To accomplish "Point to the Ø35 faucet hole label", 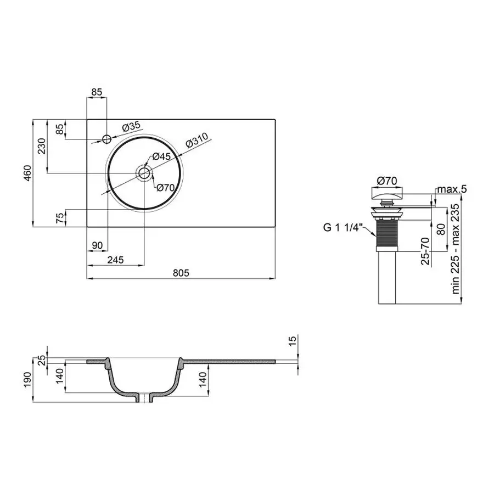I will click(131, 127).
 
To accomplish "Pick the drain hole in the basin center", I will click(144, 173).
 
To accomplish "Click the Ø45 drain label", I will click(163, 156).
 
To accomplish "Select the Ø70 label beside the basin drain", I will click(165, 188).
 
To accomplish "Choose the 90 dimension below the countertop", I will click(98, 245).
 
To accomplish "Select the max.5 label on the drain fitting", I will click(452, 189).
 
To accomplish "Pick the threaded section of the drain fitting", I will click(388, 234).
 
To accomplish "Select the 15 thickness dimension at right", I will click(293, 341).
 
